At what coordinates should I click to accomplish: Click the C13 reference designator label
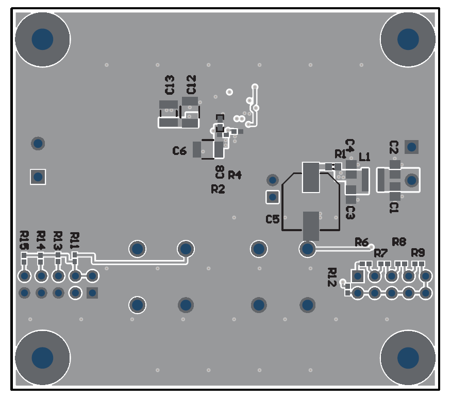[169, 84]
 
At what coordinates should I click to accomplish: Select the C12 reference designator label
[191, 84]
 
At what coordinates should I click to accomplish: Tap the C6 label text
[179, 151]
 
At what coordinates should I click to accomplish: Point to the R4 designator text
[235, 175]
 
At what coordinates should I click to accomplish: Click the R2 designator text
[218, 189]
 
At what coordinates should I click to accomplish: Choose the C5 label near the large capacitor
[273, 219]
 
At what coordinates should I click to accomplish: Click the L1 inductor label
[364, 157]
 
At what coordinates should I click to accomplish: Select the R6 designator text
[361, 242]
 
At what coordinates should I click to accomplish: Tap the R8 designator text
[399, 241]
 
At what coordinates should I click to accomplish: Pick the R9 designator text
[418, 252]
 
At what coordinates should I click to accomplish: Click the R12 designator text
[332, 277]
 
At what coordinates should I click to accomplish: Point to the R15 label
[24, 240]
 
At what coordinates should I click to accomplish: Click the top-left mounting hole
[42, 39]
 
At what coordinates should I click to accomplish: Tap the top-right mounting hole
[408, 39]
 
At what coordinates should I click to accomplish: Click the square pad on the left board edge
[38, 177]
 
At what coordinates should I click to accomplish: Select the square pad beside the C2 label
[411, 147]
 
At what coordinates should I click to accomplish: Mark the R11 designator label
[75, 240]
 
